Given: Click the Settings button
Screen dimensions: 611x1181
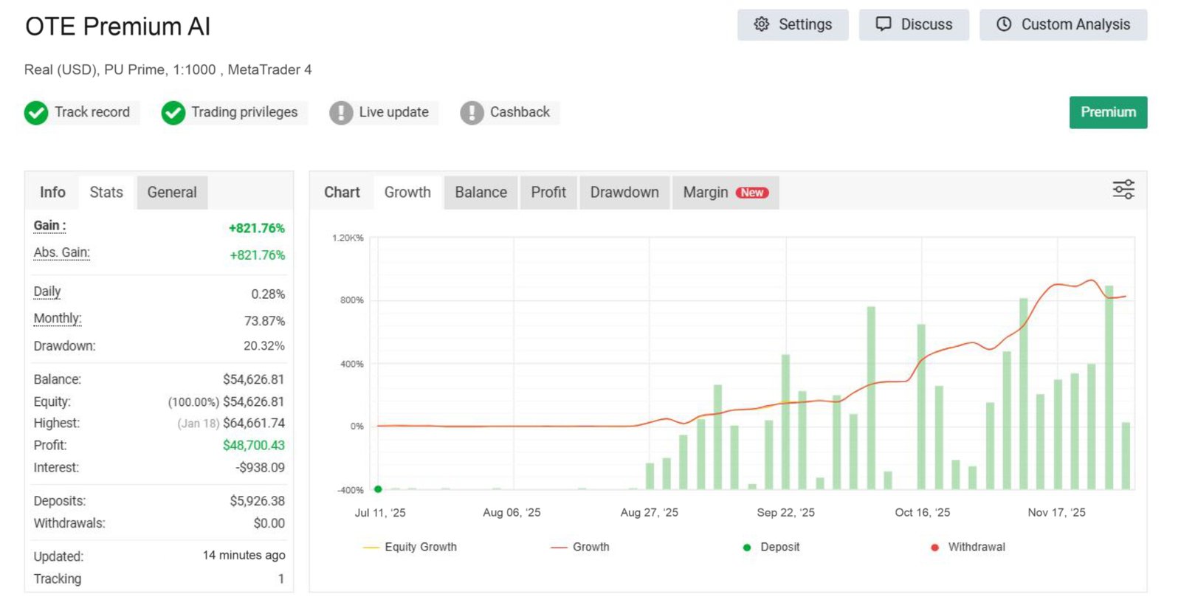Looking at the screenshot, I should (792, 24).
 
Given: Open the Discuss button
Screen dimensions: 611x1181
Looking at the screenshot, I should (913, 24).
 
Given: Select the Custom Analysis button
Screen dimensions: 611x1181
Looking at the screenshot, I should (1063, 24).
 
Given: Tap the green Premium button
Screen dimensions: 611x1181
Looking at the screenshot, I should (1108, 112).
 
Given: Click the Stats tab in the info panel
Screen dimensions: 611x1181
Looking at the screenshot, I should (106, 193).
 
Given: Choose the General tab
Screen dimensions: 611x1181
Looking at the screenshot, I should (172, 193).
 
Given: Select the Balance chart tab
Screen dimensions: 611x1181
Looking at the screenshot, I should (481, 193).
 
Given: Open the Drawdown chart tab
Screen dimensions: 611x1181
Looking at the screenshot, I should (624, 193).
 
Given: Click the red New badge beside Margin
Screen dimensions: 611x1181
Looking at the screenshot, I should (752, 193).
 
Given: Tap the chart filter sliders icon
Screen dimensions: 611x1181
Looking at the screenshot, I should (1123, 190).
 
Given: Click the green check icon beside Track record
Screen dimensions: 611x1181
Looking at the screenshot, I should (36, 113).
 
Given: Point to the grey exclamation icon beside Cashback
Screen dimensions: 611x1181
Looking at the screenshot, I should (472, 113).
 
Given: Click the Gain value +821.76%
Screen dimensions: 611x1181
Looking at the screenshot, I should (256, 228).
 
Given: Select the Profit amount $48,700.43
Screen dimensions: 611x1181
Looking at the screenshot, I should (253, 445).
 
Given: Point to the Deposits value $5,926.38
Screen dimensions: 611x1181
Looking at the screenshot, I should (257, 501).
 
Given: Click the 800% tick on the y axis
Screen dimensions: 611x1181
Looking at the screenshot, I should (352, 300).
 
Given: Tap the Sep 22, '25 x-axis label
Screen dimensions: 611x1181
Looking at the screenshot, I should (785, 512).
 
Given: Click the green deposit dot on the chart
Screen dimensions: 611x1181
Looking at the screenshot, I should (378, 489).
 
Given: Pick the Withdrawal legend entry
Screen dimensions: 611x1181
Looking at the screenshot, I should (976, 547).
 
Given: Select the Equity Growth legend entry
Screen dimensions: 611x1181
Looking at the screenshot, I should (420, 547).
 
